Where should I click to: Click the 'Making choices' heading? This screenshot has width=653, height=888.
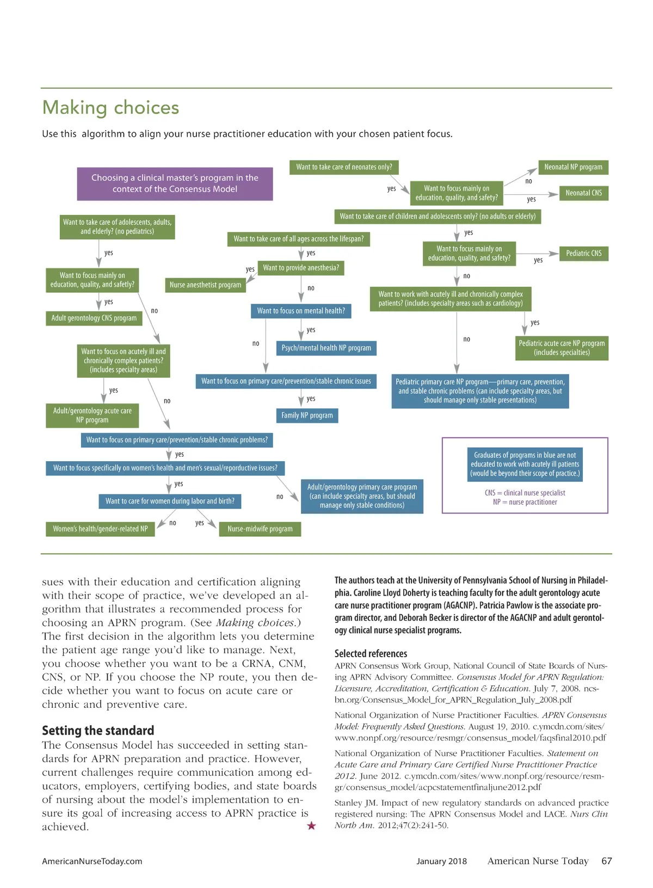pyautogui.click(x=110, y=107)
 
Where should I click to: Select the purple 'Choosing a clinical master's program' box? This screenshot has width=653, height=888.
pyautogui.click(x=175, y=183)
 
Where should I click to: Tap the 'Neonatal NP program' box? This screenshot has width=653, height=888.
pyautogui.click(x=573, y=167)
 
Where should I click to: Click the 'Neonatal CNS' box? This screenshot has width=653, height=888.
pyautogui.click(x=583, y=193)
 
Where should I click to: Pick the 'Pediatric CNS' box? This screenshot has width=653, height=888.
pyautogui.click(x=583, y=253)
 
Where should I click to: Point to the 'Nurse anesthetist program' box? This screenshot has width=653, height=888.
pyautogui.click(x=205, y=285)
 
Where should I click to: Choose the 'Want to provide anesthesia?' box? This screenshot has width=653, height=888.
pyautogui.click(x=301, y=268)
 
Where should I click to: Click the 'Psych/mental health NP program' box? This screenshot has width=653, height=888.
pyautogui.click(x=326, y=348)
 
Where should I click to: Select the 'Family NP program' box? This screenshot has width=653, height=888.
pyautogui.click(x=307, y=415)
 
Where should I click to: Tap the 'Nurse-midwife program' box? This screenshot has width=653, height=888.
pyautogui.click(x=260, y=529)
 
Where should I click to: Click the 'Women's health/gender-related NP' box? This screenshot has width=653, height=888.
pyautogui.click(x=100, y=529)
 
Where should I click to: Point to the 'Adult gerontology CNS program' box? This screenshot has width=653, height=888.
pyautogui.click(x=94, y=318)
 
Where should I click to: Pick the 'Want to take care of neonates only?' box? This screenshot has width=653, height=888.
pyautogui.click(x=344, y=167)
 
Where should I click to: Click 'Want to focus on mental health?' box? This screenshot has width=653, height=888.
pyautogui.click(x=301, y=311)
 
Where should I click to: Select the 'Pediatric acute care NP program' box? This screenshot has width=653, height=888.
pyautogui.click(x=562, y=348)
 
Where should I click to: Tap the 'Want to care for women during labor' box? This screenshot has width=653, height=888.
pyautogui.click(x=170, y=501)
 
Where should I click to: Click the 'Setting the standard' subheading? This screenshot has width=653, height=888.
pyautogui.click(x=98, y=731)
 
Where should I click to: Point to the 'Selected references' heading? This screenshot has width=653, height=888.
pyautogui.click(x=371, y=653)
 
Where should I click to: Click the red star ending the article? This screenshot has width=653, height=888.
pyautogui.click(x=311, y=826)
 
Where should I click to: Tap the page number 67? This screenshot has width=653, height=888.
pyautogui.click(x=606, y=861)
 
